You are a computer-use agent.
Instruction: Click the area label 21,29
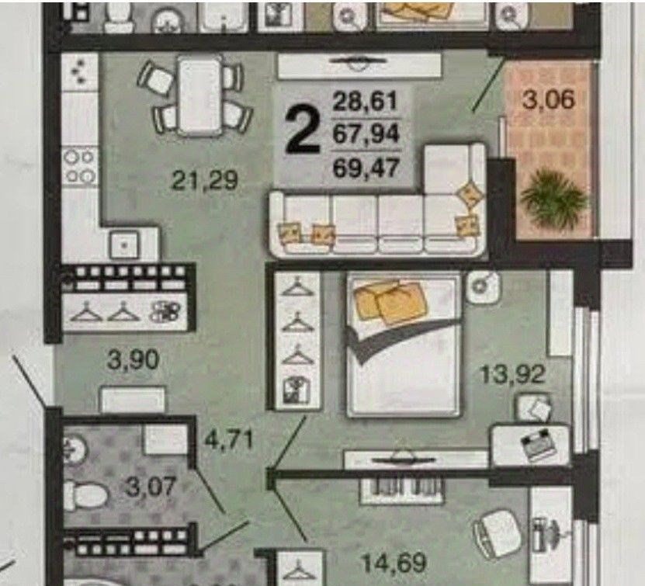[x=204, y=180]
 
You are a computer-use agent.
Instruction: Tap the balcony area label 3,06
[x=548, y=99]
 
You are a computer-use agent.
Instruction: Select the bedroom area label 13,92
[x=512, y=374]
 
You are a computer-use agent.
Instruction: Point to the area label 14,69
[x=394, y=563]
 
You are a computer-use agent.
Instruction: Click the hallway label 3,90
[x=133, y=359]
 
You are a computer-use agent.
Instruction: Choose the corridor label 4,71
[x=229, y=441]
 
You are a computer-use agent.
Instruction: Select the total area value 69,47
[x=366, y=168]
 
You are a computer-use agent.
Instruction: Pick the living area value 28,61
[x=366, y=101]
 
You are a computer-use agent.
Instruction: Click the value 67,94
[x=366, y=134]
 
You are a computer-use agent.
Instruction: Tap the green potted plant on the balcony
[x=554, y=199]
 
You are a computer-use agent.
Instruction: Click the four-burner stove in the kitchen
[x=80, y=166]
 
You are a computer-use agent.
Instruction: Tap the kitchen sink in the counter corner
[x=124, y=244]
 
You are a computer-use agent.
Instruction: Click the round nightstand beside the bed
[x=484, y=286]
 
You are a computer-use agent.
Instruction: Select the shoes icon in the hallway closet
[x=165, y=311]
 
